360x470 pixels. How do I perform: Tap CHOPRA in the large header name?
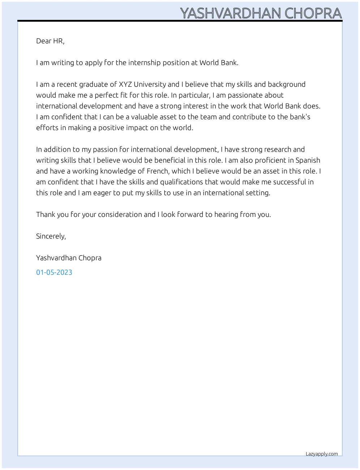click(313, 13)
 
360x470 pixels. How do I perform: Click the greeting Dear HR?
click(50, 41)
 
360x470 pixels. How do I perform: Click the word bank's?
click(300, 117)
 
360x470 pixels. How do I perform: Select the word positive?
click(111, 128)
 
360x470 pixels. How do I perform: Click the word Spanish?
click(308, 161)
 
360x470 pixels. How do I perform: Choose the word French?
click(158, 171)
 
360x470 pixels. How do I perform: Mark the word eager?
click(102, 193)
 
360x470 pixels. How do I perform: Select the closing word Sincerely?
click(51, 236)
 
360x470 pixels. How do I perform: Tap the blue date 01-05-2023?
click(54, 273)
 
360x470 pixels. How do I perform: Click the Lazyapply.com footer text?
click(322, 454)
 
